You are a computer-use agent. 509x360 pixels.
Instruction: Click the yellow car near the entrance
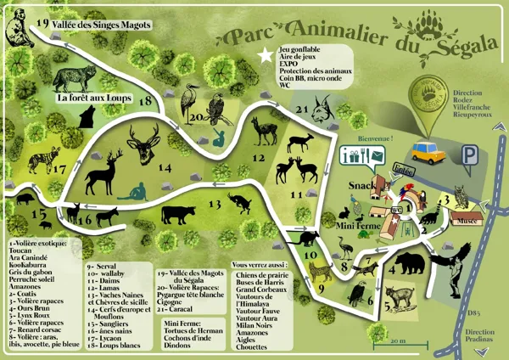430,152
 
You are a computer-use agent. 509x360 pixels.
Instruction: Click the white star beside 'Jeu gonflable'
269,55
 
